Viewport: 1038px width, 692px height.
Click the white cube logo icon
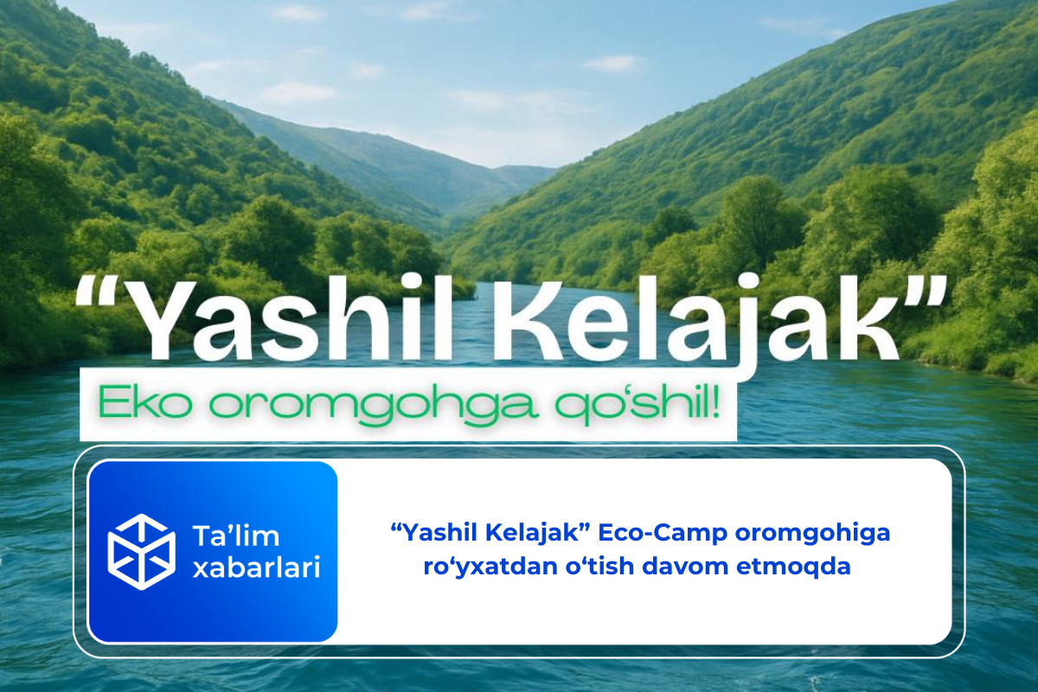click(141, 551)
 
